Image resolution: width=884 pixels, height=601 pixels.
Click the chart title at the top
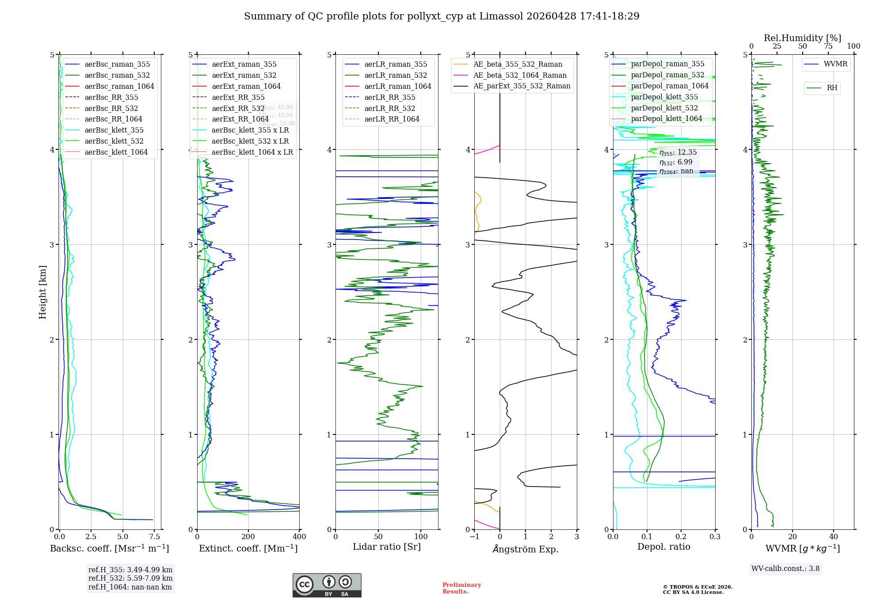tap(442, 16)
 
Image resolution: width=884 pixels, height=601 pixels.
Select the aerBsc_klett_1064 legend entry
tap(116, 152)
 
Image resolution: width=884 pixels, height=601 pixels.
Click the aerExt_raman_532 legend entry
tap(244, 75)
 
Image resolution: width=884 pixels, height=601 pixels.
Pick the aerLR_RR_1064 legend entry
tap(392, 119)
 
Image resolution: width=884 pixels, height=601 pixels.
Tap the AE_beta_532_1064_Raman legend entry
tap(520, 75)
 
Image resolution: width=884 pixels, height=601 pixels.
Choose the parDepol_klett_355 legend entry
tap(664, 97)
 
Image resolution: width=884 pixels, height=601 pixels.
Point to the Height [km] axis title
tap(42, 292)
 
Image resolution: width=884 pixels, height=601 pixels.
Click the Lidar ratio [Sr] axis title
tap(387, 547)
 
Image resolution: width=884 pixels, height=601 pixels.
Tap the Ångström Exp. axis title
tap(526, 549)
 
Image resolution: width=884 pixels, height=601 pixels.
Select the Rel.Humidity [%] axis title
tap(802, 38)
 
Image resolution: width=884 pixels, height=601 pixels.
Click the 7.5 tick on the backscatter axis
tap(154, 536)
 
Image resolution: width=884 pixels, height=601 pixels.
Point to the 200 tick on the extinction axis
tap(248, 536)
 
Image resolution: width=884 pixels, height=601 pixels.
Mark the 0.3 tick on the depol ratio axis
tap(715, 536)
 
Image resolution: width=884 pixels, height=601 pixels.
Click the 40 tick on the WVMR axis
tap(834, 536)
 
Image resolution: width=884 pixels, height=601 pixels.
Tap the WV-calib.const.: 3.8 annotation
tap(785, 569)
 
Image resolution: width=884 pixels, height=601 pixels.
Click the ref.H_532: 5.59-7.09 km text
tap(130, 578)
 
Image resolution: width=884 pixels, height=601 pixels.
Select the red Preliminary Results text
tap(461, 588)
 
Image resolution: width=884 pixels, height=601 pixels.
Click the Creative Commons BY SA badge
tap(327, 586)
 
